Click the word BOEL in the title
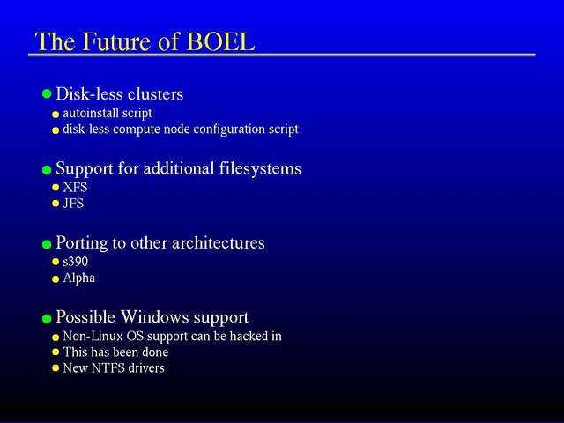click(220, 41)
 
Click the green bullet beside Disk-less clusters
click(47, 94)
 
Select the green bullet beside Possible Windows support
click(47, 319)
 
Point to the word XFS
click(75, 187)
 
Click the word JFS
click(73, 204)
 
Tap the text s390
click(76, 262)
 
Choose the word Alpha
click(79, 278)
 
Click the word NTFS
click(108, 368)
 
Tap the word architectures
click(219, 243)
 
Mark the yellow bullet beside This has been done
click(56, 352)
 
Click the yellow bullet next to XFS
click(56, 188)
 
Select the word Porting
click(82, 243)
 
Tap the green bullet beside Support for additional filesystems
click(47, 170)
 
